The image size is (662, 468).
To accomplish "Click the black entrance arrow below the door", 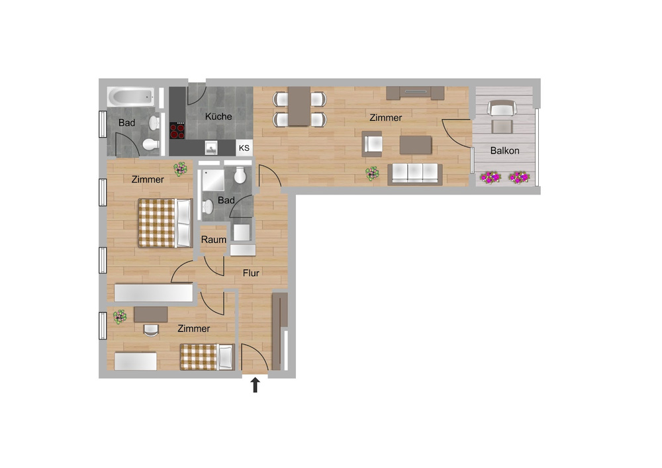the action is click(255, 385).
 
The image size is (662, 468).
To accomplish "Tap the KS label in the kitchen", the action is click(244, 148).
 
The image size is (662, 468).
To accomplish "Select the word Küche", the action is click(218, 116).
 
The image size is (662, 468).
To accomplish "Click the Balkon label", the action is click(504, 151).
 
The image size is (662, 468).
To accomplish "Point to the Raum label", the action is click(213, 240).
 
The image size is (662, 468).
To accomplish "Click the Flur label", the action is click(251, 273).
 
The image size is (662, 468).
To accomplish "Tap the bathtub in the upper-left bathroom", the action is click(131, 97).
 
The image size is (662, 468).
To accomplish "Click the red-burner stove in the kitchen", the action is click(177, 130).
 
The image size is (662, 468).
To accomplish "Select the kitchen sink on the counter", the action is click(211, 148).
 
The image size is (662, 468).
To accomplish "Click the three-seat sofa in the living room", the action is click(415, 174).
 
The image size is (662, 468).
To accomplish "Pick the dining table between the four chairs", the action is click(299, 107).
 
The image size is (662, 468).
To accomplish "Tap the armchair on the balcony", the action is click(502, 108).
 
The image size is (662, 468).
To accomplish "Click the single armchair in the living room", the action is click(372, 144).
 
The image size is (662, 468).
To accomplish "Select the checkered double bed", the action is click(165, 223).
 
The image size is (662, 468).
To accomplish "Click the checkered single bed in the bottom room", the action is click(207, 357).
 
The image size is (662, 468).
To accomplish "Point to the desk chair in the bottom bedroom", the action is click(151, 330).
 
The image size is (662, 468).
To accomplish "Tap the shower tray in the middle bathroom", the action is click(213, 181).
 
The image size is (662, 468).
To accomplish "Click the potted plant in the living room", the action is click(372, 173).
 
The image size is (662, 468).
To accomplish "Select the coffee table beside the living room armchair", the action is click(416, 145).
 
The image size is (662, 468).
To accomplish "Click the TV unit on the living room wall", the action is click(416, 93).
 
